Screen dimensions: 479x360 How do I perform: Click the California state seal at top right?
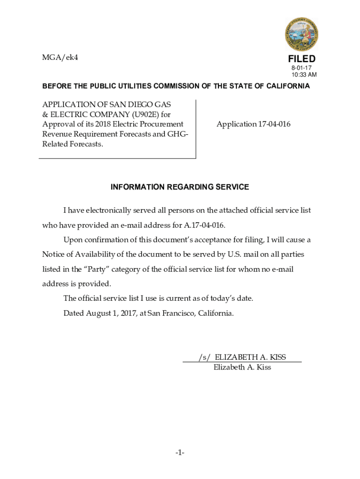(x=302, y=34)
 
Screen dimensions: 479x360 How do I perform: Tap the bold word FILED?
(x=302, y=59)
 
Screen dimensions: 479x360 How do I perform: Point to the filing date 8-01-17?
(x=302, y=68)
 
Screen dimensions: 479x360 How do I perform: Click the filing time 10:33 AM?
(x=304, y=75)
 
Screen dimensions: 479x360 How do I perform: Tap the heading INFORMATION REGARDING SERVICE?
(x=180, y=187)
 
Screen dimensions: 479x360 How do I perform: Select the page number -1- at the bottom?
(x=180, y=453)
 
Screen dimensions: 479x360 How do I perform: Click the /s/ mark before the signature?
(x=204, y=357)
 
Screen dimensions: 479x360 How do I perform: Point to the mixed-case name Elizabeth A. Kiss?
(x=242, y=367)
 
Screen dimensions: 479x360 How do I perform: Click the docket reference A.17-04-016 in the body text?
(x=204, y=225)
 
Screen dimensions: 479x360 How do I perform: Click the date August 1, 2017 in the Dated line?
(x=110, y=313)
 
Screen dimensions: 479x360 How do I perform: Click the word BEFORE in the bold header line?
(x=57, y=86)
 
